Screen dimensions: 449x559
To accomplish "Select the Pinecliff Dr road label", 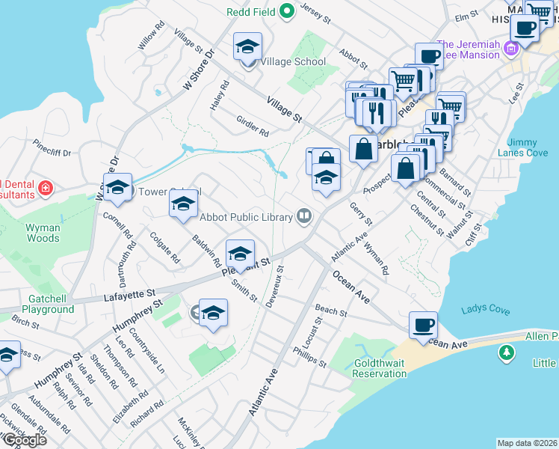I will [51, 153].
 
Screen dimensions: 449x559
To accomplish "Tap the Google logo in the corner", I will [24, 440].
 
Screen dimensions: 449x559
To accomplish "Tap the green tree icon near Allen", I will [507, 352].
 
